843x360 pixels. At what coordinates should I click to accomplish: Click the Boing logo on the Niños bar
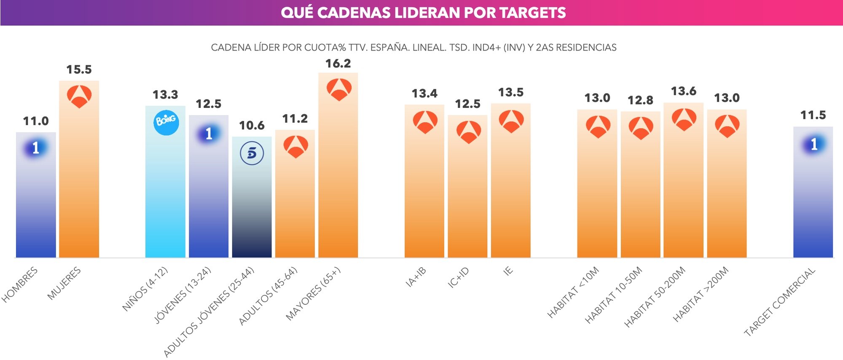(166, 122)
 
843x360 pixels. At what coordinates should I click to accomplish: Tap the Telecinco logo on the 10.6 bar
(252, 153)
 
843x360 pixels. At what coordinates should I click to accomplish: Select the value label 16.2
(338, 64)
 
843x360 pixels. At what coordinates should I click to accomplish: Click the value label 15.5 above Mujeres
(79, 70)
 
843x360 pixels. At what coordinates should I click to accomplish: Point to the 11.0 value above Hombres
(36, 121)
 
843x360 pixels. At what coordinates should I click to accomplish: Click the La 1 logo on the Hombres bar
(36, 148)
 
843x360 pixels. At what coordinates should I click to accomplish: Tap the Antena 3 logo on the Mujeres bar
(79, 97)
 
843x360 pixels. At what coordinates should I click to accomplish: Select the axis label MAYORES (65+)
(313, 294)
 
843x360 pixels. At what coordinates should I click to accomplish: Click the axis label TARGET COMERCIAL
(780, 302)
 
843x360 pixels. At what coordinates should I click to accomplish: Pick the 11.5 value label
(813, 115)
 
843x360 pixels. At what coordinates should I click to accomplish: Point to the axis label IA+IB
(416, 277)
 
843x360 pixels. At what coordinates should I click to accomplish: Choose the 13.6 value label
(683, 91)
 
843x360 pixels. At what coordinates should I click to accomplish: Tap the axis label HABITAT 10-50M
(614, 295)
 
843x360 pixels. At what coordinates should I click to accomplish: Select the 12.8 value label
(640, 100)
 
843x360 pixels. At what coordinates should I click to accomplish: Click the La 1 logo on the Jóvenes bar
(209, 134)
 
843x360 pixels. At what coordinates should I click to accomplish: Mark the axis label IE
(508, 271)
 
